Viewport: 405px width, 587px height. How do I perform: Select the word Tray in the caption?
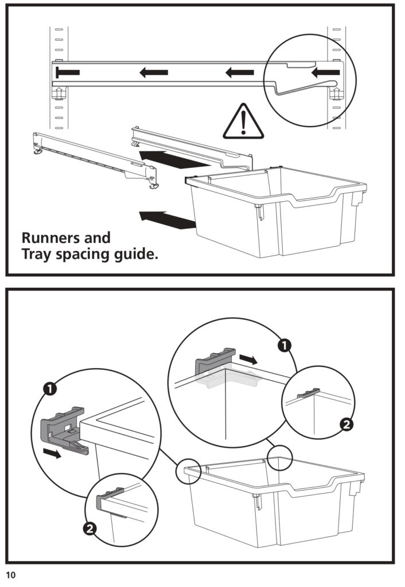tap(38, 254)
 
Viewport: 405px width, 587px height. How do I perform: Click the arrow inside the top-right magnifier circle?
tap(325, 72)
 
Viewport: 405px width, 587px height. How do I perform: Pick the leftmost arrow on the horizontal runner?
tap(68, 73)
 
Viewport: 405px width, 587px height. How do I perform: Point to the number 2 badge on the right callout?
tap(346, 425)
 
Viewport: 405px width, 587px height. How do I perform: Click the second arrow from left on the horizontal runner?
tap(154, 72)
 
